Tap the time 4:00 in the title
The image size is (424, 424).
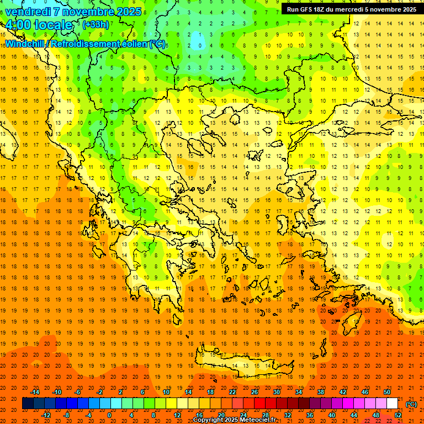click(18, 25)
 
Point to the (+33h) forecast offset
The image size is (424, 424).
click(95, 25)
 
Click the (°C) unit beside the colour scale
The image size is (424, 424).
click(411, 404)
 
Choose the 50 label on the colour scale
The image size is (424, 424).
click(387, 391)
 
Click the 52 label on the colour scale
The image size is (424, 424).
click(398, 415)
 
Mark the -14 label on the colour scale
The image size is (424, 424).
click(35, 391)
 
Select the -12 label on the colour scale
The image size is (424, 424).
click(46, 415)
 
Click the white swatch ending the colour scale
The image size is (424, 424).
click(393, 404)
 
